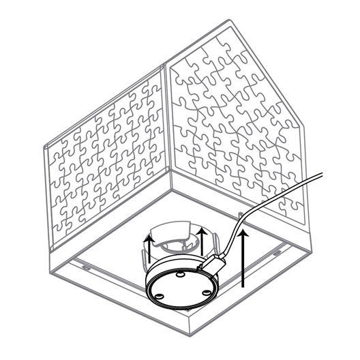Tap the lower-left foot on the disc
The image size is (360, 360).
pos(159,295)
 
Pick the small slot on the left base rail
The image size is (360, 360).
pos(85,267)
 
